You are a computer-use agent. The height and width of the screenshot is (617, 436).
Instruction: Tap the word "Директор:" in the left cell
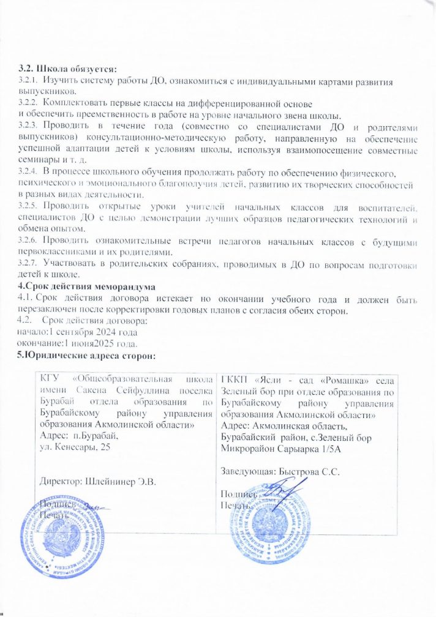(61, 480)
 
